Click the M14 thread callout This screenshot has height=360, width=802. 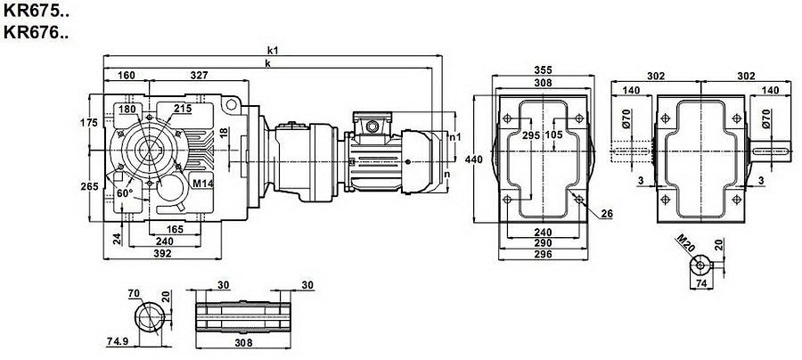pyautogui.click(x=203, y=184)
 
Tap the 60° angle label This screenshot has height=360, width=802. pyautogui.click(x=124, y=192)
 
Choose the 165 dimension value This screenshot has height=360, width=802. pyautogui.click(x=174, y=230)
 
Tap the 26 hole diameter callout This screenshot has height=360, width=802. pyautogui.click(x=608, y=214)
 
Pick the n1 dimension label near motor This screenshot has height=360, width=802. pyautogui.click(x=454, y=137)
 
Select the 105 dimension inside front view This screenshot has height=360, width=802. pyautogui.click(x=555, y=135)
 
